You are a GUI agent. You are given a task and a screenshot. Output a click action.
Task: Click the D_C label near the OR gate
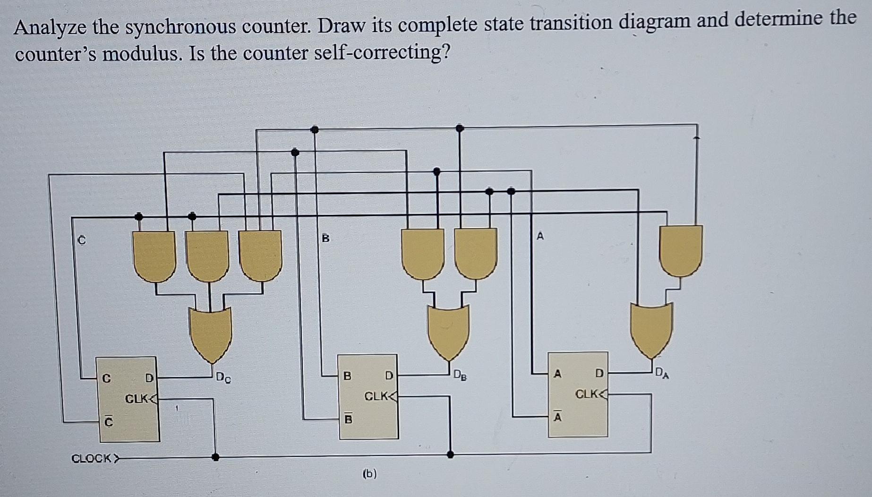[223, 378]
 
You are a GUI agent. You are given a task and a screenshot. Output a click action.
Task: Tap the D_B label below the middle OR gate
[460, 376]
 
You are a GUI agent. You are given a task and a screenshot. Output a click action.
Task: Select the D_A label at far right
[662, 374]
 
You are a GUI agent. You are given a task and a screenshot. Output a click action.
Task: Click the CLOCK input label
[92, 458]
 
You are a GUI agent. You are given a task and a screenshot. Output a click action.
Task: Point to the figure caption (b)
[369, 474]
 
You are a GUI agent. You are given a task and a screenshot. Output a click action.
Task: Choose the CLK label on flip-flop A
[587, 394]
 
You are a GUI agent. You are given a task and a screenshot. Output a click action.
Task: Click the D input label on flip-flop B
[389, 376]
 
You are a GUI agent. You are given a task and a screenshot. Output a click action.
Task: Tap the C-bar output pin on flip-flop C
[109, 421]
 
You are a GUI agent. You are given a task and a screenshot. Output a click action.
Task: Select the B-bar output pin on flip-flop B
[348, 419]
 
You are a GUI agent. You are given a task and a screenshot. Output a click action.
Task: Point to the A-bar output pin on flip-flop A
[557, 417]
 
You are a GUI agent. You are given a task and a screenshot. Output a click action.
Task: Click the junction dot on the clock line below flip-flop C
[215, 457]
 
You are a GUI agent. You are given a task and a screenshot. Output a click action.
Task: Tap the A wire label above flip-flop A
[540, 236]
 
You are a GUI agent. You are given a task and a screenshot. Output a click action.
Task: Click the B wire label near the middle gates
[325, 238]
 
